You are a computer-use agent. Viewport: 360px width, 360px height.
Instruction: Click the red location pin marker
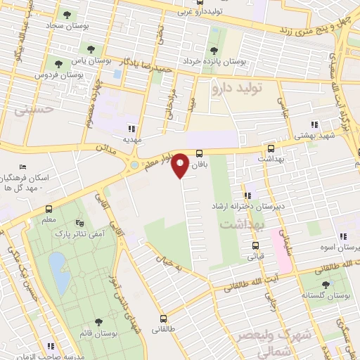pos(181,164)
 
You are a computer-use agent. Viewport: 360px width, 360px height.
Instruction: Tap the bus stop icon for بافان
pos(199,153)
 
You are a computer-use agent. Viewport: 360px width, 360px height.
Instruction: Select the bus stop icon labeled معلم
pos(49,209)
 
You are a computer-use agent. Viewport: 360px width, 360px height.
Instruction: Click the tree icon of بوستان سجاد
pos(67,14)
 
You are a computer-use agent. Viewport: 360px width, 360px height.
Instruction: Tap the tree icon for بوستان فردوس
pos(58,63)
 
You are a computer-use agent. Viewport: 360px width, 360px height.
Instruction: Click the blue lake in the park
pos(58,272)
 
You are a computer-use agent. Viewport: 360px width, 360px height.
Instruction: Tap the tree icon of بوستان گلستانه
pos(325,285)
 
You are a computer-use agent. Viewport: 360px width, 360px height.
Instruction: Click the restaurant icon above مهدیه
pos(131,128)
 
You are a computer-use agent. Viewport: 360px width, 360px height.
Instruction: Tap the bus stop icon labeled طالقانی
pos(163,319)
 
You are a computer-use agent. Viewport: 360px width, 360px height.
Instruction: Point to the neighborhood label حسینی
pos(39,110)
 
